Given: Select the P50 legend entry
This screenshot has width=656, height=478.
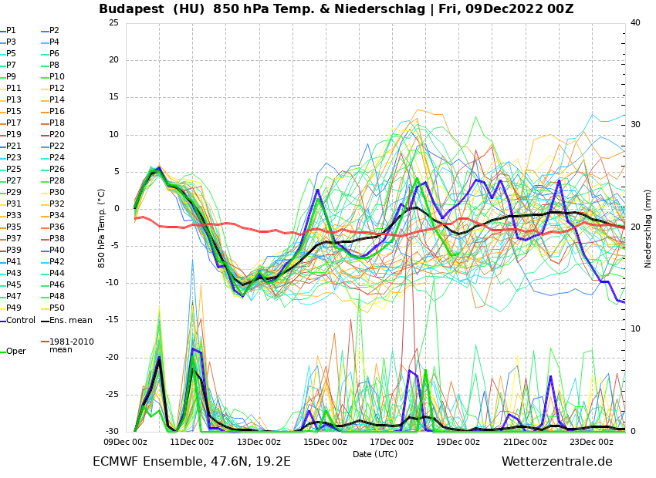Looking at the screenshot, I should [x=56, y=308].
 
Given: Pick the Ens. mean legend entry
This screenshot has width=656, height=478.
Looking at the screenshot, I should [x=70, y=321].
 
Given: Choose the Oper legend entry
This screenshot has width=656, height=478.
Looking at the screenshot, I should [x=15, y=352].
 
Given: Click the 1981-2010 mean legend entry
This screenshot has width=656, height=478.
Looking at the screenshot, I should [x=72, y=345].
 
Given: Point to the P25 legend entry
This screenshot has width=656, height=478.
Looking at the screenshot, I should [x=13, y=170].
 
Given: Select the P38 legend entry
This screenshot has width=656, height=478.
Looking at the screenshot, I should [x=56, y=239].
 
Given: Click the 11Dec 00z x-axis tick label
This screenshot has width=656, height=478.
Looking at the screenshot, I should [x=192, y=442].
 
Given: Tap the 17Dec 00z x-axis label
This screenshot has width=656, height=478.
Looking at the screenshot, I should [x=391, y=442].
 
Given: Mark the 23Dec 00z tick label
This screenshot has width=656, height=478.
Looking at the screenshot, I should [x=591, y=442].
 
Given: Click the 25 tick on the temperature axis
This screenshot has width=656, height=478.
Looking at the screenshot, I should [x=113, y=23].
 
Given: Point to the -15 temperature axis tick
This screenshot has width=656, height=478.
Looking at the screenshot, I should [x=112, y=320].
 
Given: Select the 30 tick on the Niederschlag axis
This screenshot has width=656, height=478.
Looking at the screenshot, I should [x=635, y=125].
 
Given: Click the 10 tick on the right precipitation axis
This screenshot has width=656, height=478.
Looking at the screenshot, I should [x=635, y=329].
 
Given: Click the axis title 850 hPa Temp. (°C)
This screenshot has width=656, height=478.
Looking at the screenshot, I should [x=102, y=228].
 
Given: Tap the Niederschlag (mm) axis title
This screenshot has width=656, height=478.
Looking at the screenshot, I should [x=648, y=228].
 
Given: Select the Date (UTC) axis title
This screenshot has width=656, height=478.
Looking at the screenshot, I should [x=375, y=454].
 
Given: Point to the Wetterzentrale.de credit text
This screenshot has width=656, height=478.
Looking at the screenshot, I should [x=556, y=462].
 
